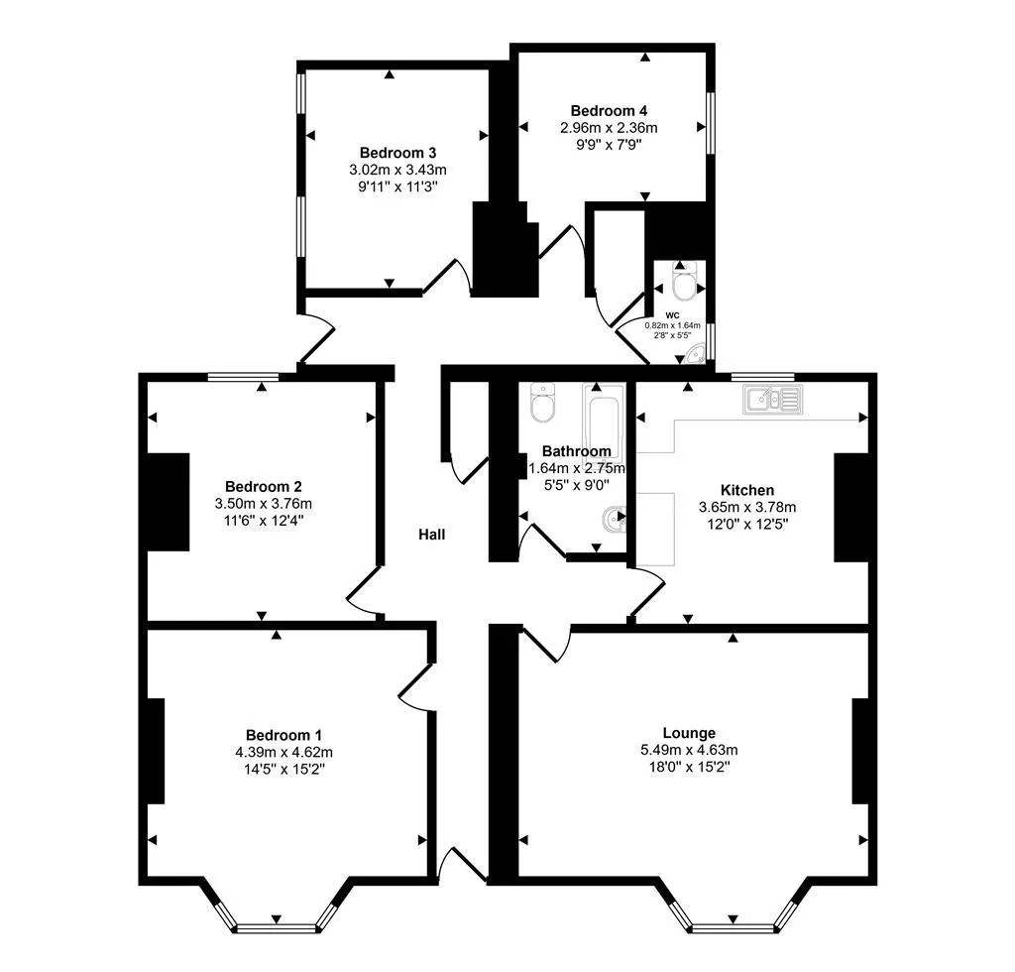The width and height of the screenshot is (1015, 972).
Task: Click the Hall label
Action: click(x=432, y=535)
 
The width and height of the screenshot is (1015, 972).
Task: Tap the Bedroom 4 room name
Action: click(x=609, y=111)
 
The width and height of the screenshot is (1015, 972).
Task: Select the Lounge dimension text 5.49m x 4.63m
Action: click(x=690, y=750)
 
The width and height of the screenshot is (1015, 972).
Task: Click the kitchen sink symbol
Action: click(x=773, y=399)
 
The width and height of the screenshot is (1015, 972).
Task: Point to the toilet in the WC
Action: click(x=682, y=284)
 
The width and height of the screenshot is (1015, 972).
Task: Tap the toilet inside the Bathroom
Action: click(x=542, y=403)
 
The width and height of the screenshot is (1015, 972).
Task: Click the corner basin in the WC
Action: click(x=695, y=354)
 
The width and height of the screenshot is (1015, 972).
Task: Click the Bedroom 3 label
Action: click(x=398, y=153)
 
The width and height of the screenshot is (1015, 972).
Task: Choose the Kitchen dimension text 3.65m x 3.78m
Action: click(x=747, y=507)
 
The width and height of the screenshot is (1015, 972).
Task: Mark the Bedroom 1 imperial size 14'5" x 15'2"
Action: click(x=284, y=770)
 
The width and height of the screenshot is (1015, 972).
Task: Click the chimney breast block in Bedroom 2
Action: click(x=169, y=502)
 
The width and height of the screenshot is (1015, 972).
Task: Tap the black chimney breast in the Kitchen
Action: click(x=851, y=507)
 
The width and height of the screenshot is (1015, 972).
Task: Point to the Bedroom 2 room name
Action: click(x=264, y=486)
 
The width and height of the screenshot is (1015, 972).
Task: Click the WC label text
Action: click(x=673, y=315)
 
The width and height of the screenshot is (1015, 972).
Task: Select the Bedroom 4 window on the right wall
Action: click(x=710, y=123)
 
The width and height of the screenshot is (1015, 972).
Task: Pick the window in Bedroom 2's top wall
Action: click(x=244, y=376)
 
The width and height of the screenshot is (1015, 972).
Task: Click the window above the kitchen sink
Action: click(x=762, y=376)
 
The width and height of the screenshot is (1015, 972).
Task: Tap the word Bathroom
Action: click(x=577, y=450)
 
